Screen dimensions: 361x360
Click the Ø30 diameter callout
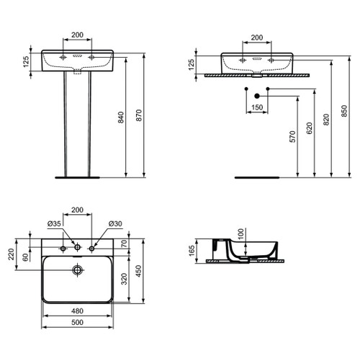point(114,224)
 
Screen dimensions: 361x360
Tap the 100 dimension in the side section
point(242,234)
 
